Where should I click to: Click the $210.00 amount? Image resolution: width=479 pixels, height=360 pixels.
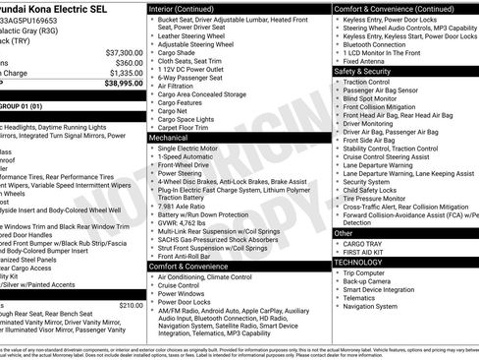pos(130,305)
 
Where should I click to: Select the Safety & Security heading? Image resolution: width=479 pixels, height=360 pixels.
pos(362,72)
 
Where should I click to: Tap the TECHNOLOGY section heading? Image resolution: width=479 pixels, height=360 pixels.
pos(359,263)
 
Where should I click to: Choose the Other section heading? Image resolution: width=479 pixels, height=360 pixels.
pos(345,233)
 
